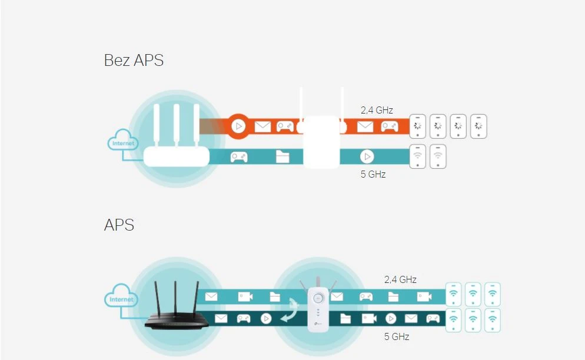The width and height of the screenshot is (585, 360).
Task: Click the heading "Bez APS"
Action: tap(134, 60)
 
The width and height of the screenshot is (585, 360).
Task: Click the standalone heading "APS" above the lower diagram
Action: tap(119, 225)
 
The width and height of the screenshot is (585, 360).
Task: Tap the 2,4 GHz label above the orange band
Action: tap(377, 110)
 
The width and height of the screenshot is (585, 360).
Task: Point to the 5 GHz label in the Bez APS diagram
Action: tap(373, 174)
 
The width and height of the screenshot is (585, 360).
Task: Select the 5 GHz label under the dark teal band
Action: tap(397, 336)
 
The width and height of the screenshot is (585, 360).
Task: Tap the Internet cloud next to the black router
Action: tap(122, 299)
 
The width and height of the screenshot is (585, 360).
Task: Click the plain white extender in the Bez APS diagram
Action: tap(321, 141)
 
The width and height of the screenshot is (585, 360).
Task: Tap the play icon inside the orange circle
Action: tap(238, 126)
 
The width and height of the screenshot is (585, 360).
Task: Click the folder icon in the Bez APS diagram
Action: tap(283, 156)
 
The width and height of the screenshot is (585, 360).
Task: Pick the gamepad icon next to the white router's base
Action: tap(238, 157)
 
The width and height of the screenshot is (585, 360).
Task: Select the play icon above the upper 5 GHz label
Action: tap(367, 156)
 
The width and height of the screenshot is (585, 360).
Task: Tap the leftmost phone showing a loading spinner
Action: tap(418, 126)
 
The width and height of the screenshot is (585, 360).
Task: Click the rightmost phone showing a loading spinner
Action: tap(478, 126)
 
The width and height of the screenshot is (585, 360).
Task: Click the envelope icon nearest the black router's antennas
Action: tap(211, 297)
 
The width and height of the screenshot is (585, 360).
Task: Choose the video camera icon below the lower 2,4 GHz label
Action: tap(424, 297)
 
